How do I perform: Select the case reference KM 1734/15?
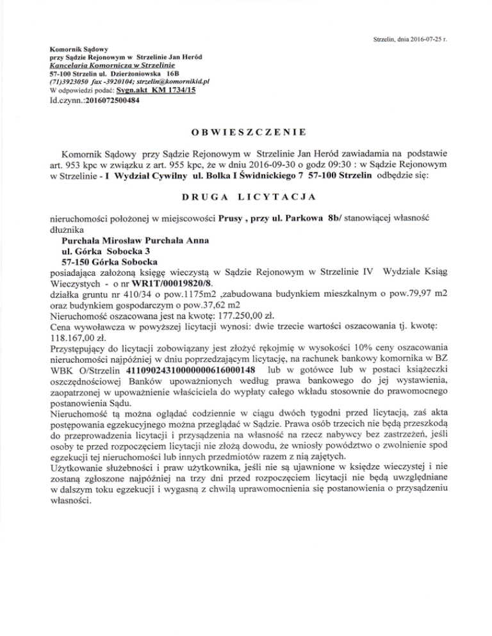tap(174, 91)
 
